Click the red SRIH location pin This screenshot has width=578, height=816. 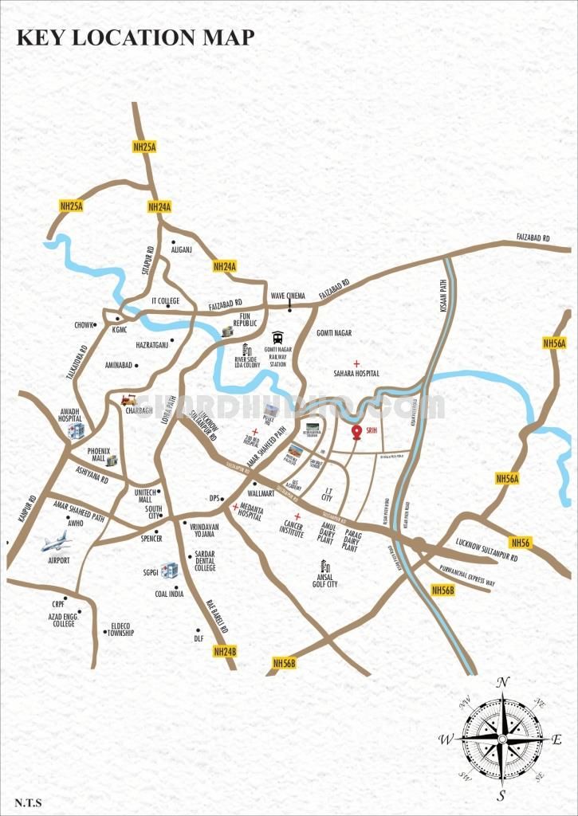356,432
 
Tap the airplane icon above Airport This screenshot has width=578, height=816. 57,543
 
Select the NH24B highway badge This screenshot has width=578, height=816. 226,651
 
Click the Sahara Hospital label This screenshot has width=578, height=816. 356,373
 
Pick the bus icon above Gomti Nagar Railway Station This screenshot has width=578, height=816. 277,337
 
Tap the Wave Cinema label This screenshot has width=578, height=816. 288,296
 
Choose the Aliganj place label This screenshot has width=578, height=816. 183,249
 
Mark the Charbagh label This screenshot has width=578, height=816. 136,411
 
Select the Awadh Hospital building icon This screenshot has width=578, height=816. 77,431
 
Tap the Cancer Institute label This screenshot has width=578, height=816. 293,530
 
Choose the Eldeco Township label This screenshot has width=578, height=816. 122,630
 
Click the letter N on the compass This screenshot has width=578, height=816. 502,683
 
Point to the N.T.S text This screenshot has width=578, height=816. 28,802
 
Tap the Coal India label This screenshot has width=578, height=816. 170,593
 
